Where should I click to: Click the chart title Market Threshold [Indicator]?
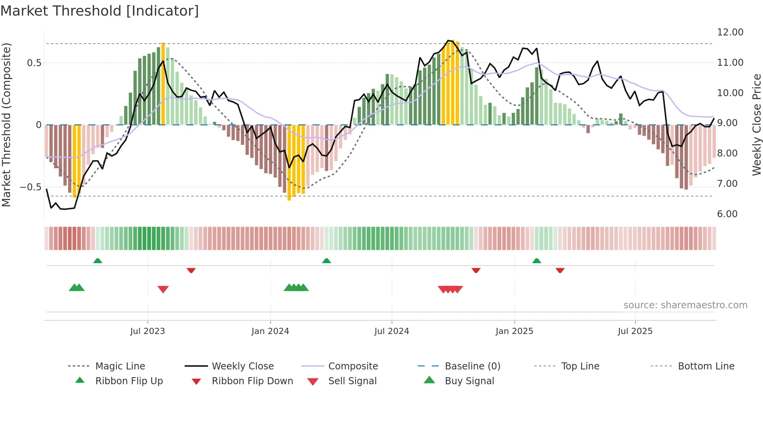click(100, 11)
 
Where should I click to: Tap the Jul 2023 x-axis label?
click(148, 331)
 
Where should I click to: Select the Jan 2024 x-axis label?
click(270, 331)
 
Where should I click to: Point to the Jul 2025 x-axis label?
click(635, 331)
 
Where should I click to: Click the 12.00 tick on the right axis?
click(730, 32)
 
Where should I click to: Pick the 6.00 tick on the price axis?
click(727, 214)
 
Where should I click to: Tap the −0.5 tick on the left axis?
click(30, 187)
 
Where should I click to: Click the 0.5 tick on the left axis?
click(34, 63)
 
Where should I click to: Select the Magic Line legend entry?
click(120, 366)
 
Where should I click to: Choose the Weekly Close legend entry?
click(243, 366)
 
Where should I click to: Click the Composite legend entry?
click(353, 366)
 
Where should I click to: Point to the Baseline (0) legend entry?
click(472, 366)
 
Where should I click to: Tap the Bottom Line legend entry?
click(706, 366)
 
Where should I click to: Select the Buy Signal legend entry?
click(469, 381)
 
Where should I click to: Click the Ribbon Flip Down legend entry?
click(252, 381)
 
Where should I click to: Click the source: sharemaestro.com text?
click(685, 305)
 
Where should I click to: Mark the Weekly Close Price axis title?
click(756, 125)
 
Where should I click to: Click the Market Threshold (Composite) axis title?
click(6, 125)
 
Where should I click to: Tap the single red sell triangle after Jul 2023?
click(163, 289)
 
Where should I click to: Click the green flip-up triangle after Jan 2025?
click(536, 261)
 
